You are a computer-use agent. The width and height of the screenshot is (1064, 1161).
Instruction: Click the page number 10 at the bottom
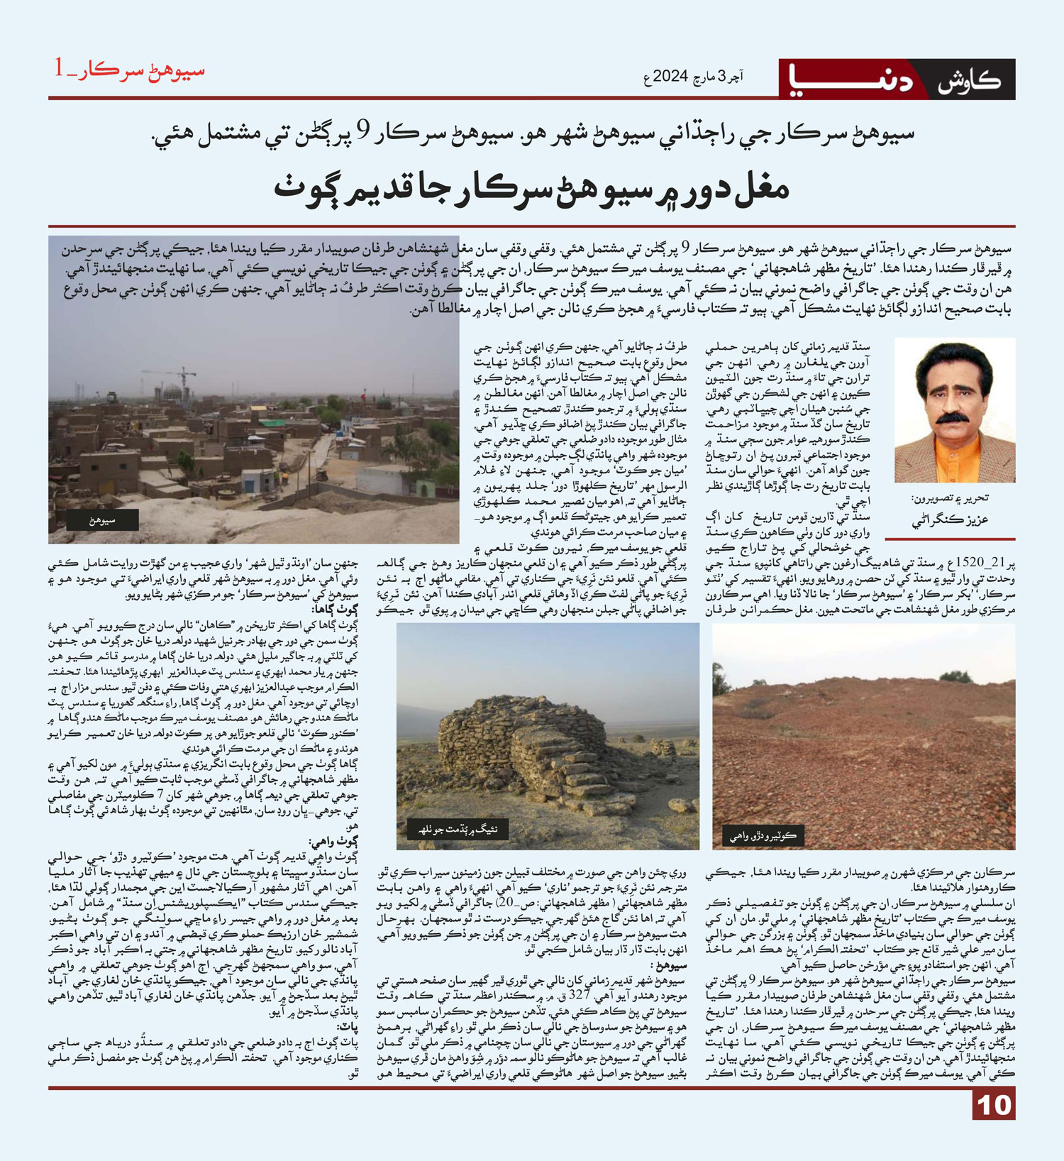tap(994, 1105)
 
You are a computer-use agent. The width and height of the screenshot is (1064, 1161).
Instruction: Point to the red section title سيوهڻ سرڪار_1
tap(130, 70)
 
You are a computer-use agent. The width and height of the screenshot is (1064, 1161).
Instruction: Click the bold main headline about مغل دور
tap(531, 189)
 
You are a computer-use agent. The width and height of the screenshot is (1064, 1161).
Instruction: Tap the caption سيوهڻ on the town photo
tap(103, 521)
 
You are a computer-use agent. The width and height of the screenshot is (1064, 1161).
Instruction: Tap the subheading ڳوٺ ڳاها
tap(336, 610)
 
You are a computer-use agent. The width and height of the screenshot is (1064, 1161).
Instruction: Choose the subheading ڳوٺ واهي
tap(333, 842)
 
